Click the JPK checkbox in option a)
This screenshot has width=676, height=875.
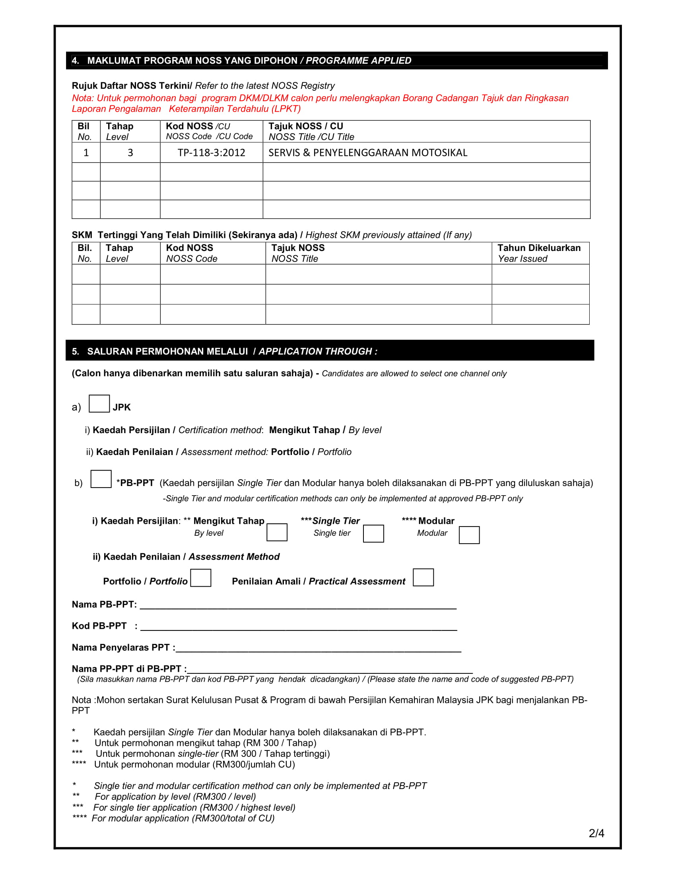(99, 403)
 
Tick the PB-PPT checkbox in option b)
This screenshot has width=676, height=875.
(101, 479)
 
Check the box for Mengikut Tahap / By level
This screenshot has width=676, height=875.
(277, 532)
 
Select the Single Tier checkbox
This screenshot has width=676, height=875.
(373, 534)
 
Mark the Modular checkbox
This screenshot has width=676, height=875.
(469, 535)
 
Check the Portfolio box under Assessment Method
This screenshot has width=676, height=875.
(201, 578)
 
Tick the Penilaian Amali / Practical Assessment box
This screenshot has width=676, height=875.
(423, 577)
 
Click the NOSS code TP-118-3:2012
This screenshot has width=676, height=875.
(211, 153)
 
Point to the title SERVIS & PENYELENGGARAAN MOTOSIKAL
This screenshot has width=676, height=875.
(368, 153)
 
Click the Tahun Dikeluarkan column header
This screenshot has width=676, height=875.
(539, 253)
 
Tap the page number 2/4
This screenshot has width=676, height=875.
(596, 833)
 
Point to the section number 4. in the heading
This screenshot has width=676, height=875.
(75, 60)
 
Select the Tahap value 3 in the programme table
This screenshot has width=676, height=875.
(130, 153)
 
